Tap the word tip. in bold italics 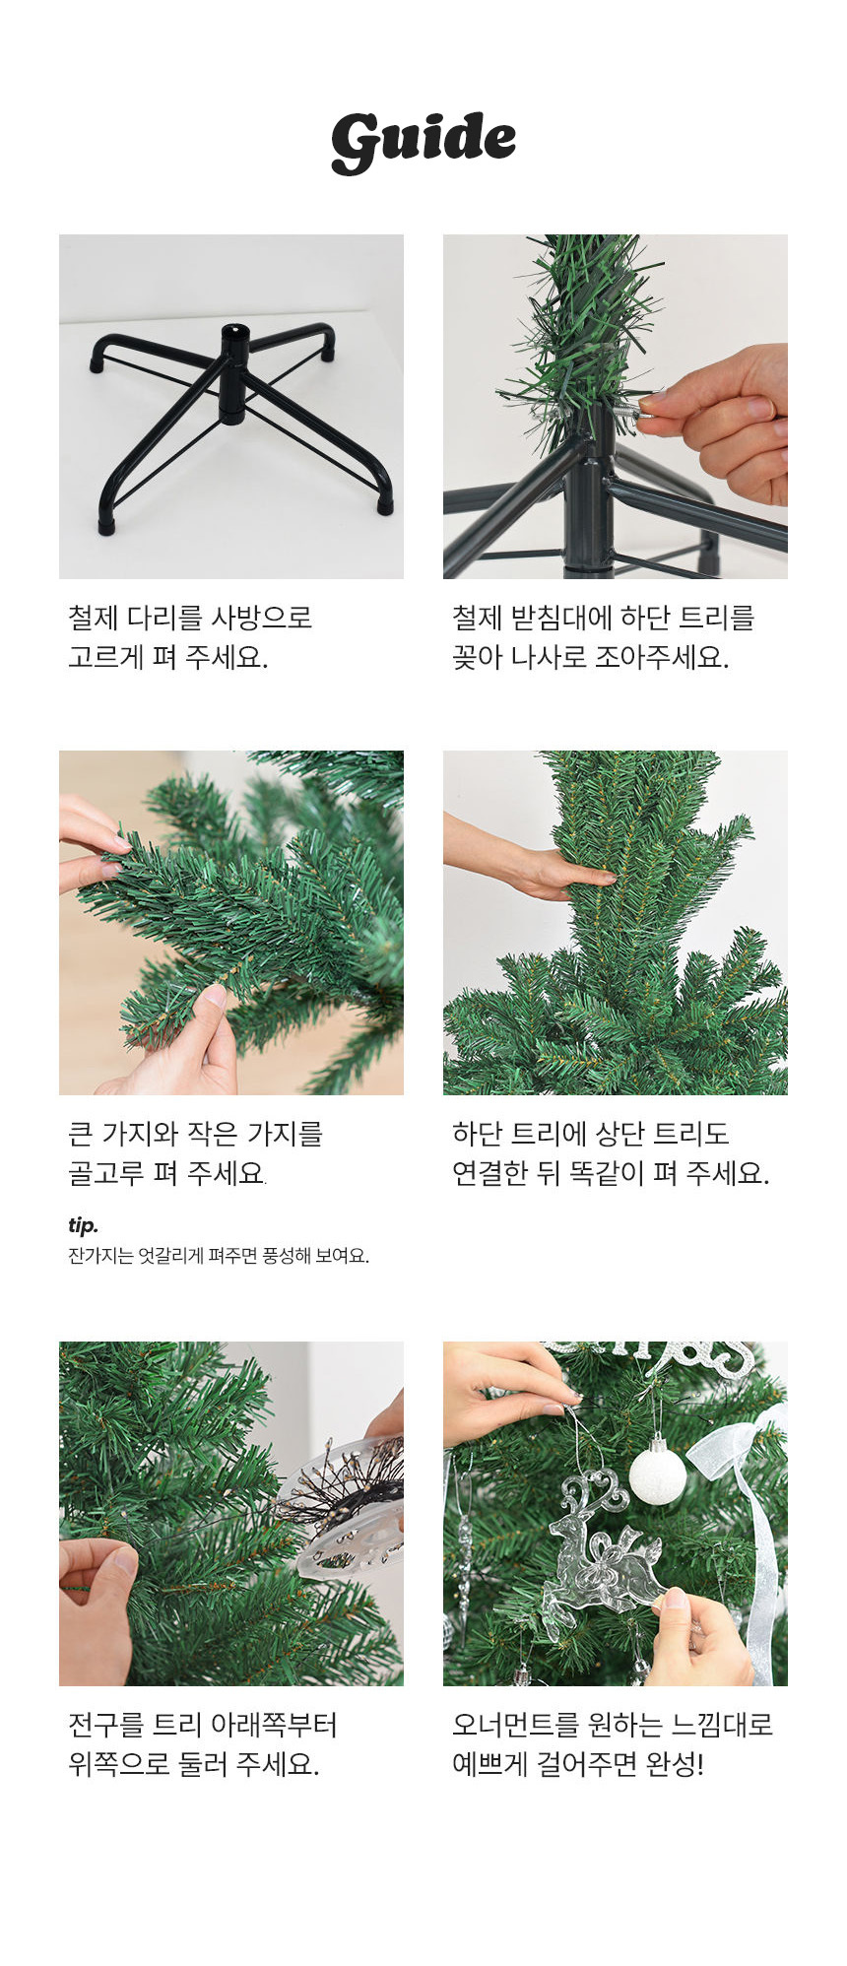[x=84, y=1225]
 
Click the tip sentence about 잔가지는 [x=219, y=1256]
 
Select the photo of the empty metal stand [x=231, y=407]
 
